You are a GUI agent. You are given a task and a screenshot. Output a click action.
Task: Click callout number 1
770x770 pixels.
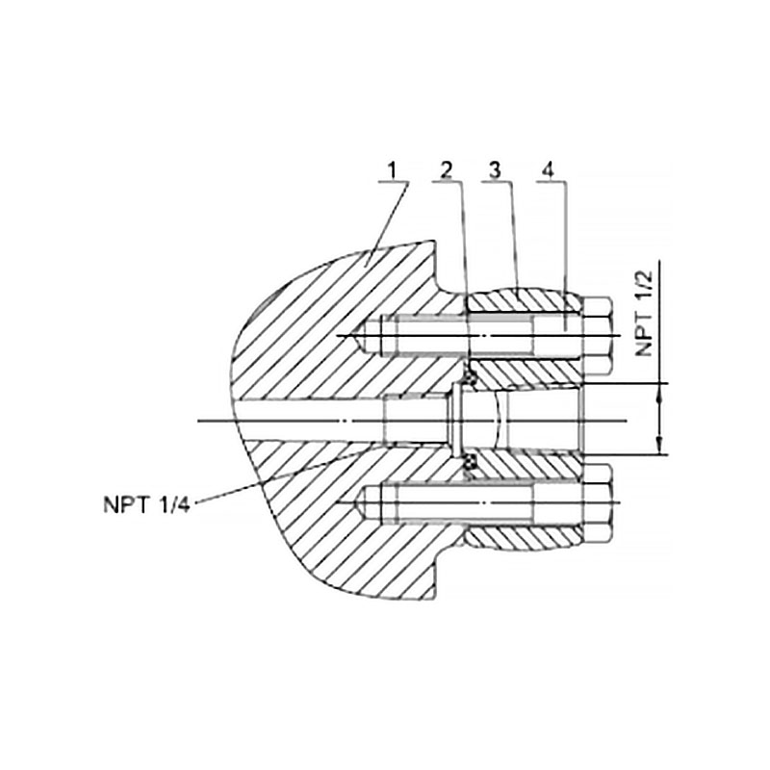click(392, 171)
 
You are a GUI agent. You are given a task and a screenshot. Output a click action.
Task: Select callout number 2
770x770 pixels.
click(447, 171)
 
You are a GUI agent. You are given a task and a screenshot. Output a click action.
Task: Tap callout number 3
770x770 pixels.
click(495, 170)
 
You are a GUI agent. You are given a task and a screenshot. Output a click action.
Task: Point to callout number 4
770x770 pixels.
click(548, 170)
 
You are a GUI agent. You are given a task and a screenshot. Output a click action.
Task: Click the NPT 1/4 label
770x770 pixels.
click(146, 504)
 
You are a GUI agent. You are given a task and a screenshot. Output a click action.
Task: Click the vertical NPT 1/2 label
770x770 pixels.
click(644, 313)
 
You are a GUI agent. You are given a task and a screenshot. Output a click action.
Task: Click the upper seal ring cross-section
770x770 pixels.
click(470, 377)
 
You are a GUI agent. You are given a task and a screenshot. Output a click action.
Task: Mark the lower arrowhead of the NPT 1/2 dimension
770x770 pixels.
click(661, 448)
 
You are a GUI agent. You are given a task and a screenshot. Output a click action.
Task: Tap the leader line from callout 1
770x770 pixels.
click(388, 223)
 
